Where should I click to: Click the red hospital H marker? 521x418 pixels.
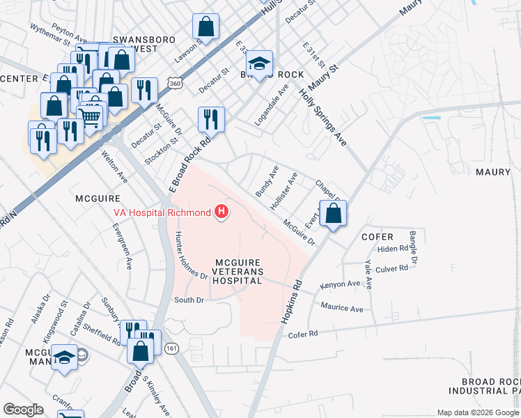tap(221, 211)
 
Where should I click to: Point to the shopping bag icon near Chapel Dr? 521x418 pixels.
tap(334, 214)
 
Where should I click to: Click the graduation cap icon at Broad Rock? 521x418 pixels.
tap(260, 63)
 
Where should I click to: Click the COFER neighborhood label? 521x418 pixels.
tap(378, 237)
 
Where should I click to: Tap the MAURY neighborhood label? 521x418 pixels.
tap(493, 171)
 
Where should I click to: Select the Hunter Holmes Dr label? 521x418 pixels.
tap(192, 255)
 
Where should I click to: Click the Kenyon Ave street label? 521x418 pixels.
tap(340, 284)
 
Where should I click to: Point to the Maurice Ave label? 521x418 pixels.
tap(342, 307)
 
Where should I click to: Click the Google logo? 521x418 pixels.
tap(23, 410)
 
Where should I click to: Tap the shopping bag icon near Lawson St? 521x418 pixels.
tap(206, 27)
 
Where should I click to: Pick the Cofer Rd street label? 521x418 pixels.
tap(302, 334)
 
